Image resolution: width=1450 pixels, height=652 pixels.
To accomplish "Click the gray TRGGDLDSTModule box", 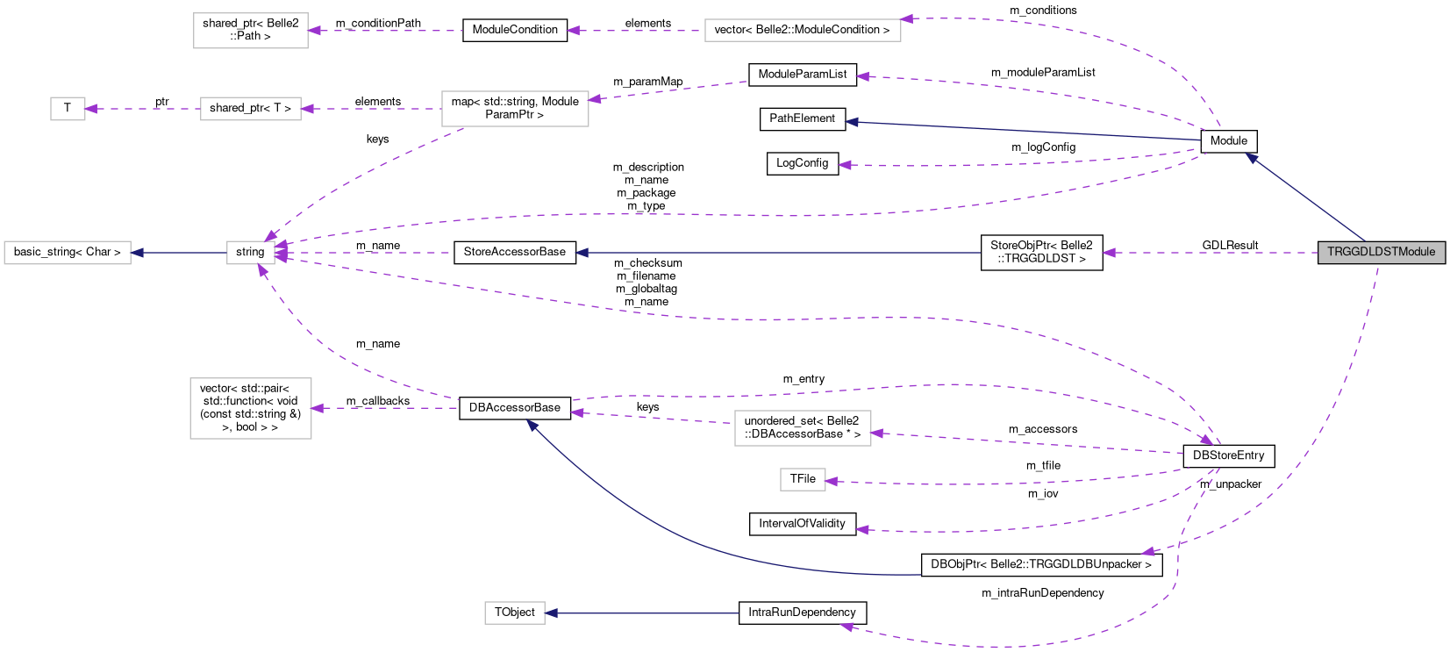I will coord(1381,252).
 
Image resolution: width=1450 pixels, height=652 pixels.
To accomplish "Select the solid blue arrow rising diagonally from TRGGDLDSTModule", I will coord(1305,197).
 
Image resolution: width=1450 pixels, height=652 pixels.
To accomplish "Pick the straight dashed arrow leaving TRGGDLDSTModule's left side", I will coord(1211,253).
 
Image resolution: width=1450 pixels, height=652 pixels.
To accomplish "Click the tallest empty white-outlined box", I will coord(251,408).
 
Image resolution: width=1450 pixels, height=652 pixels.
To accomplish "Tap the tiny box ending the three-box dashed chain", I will coord(68,109).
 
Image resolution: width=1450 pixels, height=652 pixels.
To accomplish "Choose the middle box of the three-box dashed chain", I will coord(251,109).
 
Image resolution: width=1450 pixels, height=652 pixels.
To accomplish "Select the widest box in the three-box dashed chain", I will coord(515,109).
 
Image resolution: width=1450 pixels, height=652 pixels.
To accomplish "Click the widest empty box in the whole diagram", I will coord(803,30).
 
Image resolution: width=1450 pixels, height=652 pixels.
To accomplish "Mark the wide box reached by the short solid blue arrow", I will coord(68,253).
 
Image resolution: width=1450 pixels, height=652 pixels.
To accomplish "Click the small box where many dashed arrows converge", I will coord(251,253).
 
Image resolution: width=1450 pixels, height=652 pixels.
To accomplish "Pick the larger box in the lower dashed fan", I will coord(803,428).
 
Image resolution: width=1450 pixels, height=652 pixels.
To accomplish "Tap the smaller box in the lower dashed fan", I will coord(803,479).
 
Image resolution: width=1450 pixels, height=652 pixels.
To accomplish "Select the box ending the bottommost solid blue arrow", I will coord(515,613).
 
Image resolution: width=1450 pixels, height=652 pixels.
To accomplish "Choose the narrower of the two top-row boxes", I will coord(251,31).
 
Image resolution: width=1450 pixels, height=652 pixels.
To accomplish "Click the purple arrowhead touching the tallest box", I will coord(318,408).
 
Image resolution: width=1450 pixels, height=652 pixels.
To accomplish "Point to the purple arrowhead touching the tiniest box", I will coord(91,109).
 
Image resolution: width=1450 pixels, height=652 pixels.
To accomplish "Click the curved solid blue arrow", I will coord(702,544).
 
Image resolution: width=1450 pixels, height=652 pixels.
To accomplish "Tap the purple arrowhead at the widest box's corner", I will coord(907,18).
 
